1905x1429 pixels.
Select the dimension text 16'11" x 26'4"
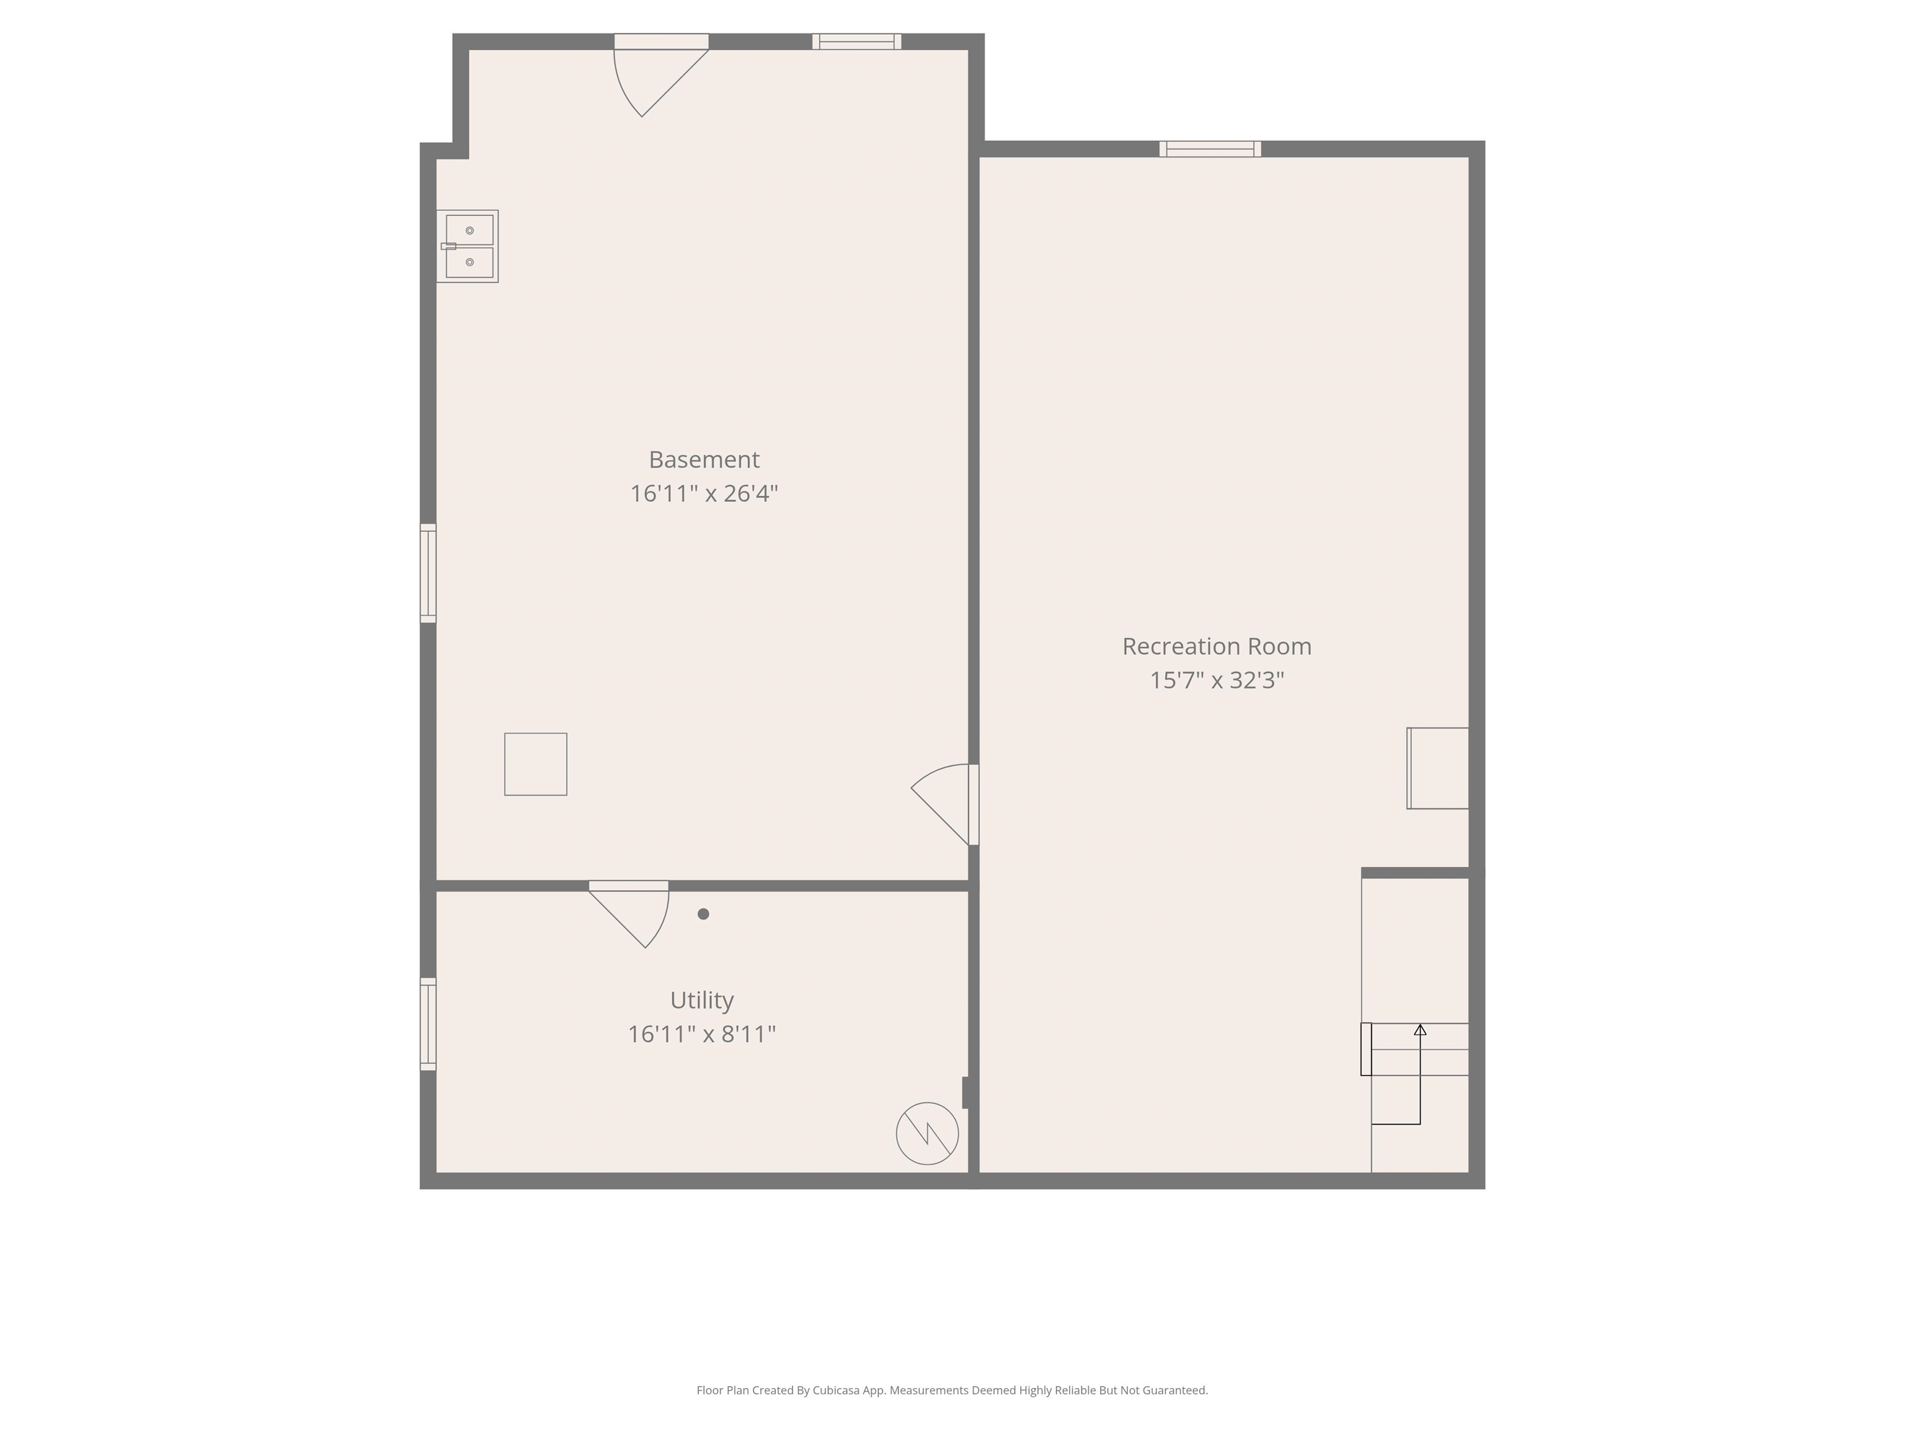704,494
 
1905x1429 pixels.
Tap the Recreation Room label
1216,646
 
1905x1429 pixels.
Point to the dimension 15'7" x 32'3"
1216,680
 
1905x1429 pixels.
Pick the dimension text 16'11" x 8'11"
702,1034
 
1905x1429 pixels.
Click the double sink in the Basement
468,246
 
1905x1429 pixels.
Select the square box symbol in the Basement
536,764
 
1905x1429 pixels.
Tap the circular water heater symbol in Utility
926,1134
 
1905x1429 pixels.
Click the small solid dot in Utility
704,914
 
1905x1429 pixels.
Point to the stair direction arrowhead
1420,1030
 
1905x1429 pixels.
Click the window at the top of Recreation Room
1210,149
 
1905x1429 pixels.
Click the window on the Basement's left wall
428,573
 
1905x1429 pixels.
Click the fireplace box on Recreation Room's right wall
1437,768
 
